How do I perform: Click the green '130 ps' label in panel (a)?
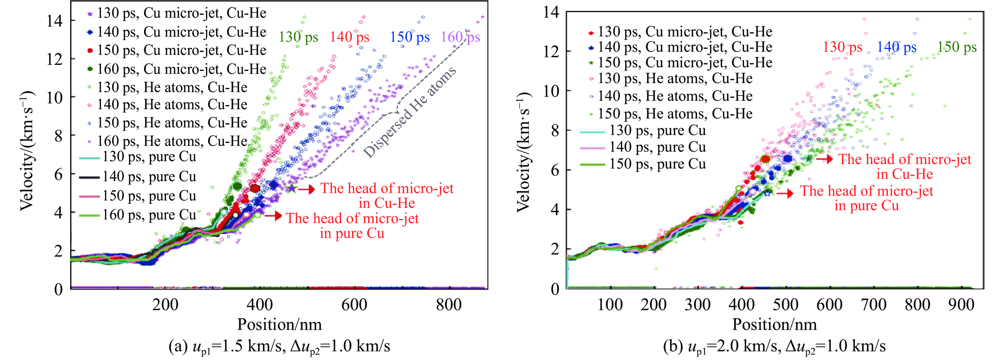(298, 37)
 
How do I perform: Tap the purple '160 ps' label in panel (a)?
(460, 37)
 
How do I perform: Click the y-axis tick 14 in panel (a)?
(55, 21)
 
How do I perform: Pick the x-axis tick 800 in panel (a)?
(449, 305)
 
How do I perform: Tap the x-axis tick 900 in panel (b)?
(961, 305)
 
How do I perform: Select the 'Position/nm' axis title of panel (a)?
(279, 324)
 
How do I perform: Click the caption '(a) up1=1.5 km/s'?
(279, 346)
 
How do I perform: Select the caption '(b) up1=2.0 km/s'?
(774, 346)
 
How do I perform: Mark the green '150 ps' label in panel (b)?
(957, 47)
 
